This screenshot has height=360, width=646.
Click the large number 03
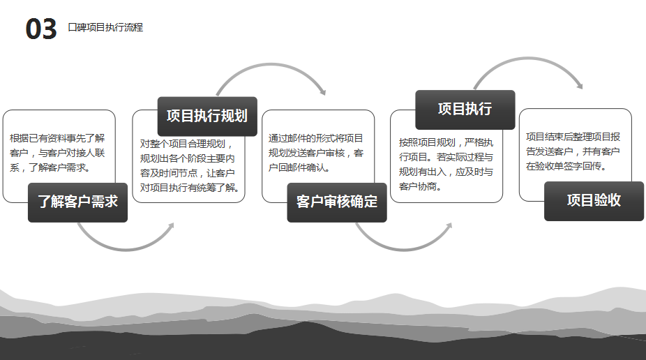(41, 29)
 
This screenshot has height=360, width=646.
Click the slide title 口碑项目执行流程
(105, 28)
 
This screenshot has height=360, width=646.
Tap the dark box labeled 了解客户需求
(77, 202)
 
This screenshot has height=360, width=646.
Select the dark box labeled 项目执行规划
(207, 116)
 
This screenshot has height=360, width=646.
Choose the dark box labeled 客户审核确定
(337, 202)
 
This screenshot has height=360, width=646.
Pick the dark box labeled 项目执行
(465, 110)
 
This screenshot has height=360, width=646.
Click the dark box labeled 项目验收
(594, 201)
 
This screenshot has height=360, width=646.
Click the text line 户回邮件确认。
(300, 167)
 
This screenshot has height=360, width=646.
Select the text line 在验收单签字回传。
(566, 167)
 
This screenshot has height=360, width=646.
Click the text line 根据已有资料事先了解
(57, 138)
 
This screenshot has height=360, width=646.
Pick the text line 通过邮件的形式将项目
(316, 138)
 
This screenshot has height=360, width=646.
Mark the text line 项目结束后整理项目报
(573, 137)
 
